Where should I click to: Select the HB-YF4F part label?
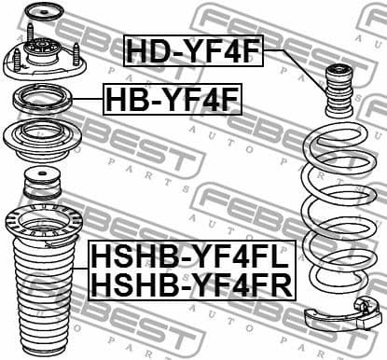160,98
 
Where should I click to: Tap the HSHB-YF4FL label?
190,254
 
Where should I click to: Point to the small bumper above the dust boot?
40,181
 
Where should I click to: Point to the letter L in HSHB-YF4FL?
281,254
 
